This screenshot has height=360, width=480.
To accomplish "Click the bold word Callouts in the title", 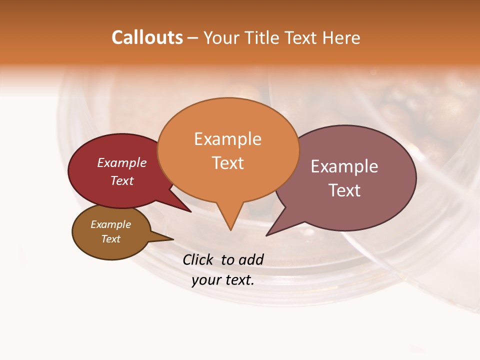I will coord(147,38).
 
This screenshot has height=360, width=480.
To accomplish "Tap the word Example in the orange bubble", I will coord(227,139).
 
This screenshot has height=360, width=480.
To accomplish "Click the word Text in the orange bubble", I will coord(227,163).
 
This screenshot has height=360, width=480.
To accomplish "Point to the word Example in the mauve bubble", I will coord(344,166).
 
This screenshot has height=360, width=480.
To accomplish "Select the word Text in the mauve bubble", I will coord(344,190).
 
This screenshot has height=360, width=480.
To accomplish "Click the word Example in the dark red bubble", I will coord(122,163).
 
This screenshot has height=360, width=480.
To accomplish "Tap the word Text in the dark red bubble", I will coord(122,180).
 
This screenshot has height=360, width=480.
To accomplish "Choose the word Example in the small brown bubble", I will coord(110,225).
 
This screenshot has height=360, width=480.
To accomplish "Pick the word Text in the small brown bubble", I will coord(110,239).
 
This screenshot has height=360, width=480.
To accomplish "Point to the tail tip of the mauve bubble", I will coord(267,234).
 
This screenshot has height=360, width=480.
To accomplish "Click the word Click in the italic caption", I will coord(198,259).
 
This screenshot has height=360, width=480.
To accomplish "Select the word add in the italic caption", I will coord(251,259).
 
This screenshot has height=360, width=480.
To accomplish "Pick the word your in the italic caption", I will coord(205,280).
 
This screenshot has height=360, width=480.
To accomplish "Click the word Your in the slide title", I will coord(220,38).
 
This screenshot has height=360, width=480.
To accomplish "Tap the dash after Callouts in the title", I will coord(193,38).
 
